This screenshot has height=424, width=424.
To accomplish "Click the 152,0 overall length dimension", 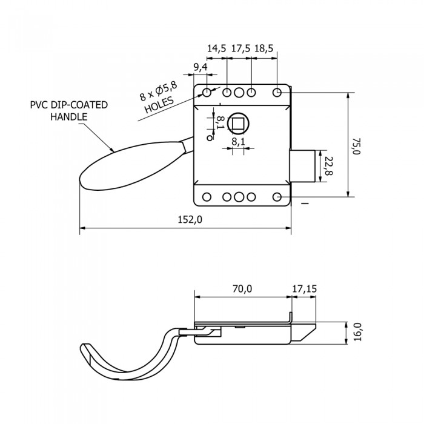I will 190,220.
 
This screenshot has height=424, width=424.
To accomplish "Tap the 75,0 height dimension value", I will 357,146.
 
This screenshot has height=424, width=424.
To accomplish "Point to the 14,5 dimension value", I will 216,48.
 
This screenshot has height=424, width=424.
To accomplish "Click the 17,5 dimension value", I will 240,48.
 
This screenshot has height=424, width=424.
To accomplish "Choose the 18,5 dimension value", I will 265,48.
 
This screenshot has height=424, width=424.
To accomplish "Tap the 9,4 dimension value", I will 200,66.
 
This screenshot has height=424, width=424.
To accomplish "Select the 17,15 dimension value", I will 304,289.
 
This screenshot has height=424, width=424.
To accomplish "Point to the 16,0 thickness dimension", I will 357,333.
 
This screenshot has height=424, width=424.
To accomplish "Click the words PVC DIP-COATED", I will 68,105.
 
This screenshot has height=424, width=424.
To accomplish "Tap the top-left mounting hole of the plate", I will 207,93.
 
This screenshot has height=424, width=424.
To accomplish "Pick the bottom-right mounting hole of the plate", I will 277,197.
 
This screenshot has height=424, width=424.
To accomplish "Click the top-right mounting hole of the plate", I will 277,93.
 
